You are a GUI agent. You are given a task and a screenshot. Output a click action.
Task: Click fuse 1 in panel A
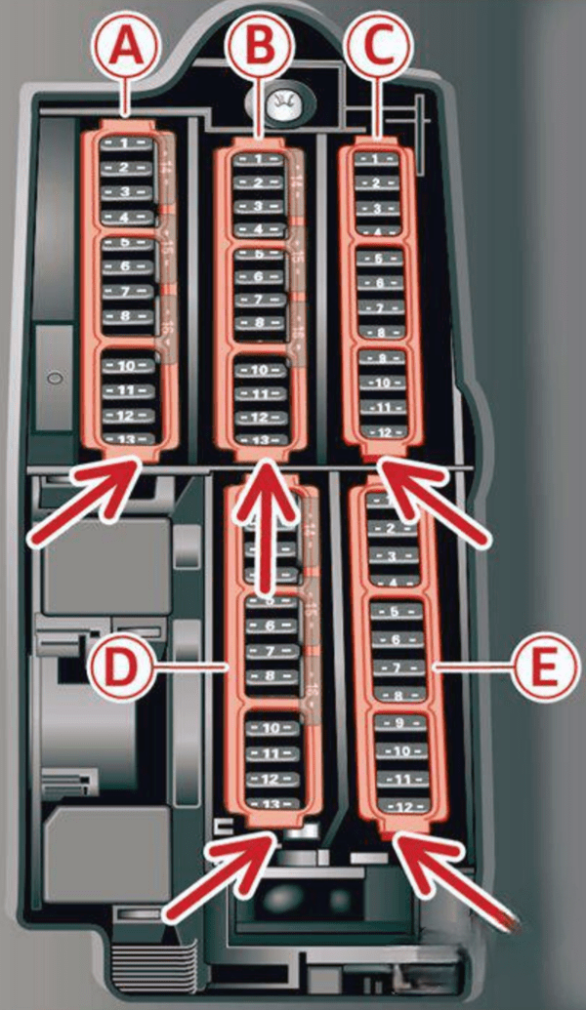tap(127, 143)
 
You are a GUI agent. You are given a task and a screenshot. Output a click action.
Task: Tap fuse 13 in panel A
tap(127, 439)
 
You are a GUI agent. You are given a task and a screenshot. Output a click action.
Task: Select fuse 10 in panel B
tap(260, 371)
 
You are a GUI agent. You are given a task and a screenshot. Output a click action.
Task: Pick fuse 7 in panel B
tap(260, 300)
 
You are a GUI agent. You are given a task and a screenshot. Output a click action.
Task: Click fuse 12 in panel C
tap(381, 431)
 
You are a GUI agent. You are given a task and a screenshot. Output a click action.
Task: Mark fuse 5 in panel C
tap(381, 260)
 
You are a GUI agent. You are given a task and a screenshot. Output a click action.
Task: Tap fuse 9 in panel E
tap(400, 724)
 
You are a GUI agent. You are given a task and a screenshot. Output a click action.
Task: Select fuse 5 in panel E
tap(400, 613)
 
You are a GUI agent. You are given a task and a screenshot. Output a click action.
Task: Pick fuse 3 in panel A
tap(127, 191)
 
